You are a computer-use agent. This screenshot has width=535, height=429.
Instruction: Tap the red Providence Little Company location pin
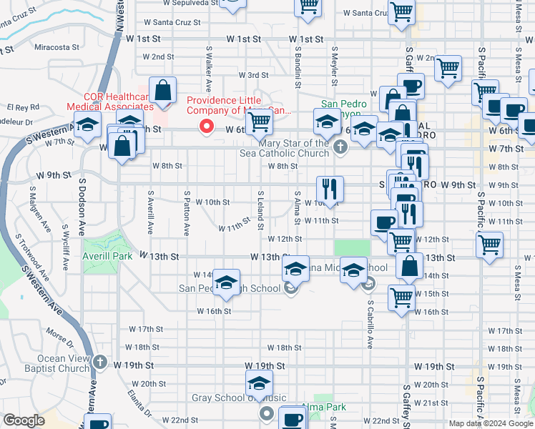click(207, 127)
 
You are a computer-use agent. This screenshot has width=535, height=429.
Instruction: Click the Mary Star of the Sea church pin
click(340, 148)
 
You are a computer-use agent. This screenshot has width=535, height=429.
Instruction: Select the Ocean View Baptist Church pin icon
click(100, 363)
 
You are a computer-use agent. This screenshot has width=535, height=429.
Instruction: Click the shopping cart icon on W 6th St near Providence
click(259, 121)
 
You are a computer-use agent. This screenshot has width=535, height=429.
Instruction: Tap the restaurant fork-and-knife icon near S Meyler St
click(330, 189)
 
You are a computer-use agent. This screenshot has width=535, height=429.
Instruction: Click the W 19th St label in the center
click(265, 365)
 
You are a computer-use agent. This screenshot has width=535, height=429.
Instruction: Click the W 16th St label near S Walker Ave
click(215, 311)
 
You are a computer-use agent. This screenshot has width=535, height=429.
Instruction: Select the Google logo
click(24, 420)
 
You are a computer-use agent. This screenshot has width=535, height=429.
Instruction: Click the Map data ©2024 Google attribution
click(490, 423)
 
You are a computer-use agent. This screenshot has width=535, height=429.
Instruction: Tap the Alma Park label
click(324, 407)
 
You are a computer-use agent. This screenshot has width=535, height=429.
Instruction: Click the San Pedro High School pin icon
click(290, 289)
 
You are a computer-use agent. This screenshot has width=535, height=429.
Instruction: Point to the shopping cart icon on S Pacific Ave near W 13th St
click(490, 244)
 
